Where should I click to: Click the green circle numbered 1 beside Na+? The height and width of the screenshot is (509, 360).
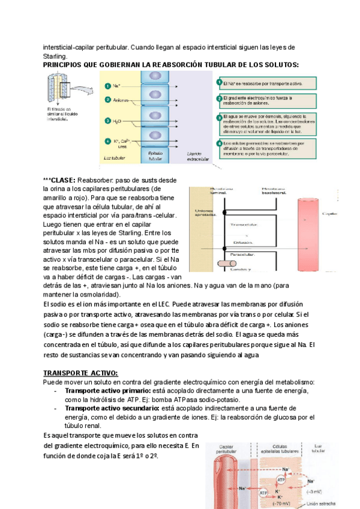click(107, 85)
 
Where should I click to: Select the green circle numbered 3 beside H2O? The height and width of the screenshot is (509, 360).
click(107, 121)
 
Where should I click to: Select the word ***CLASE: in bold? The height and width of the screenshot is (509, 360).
click(59, 180)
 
